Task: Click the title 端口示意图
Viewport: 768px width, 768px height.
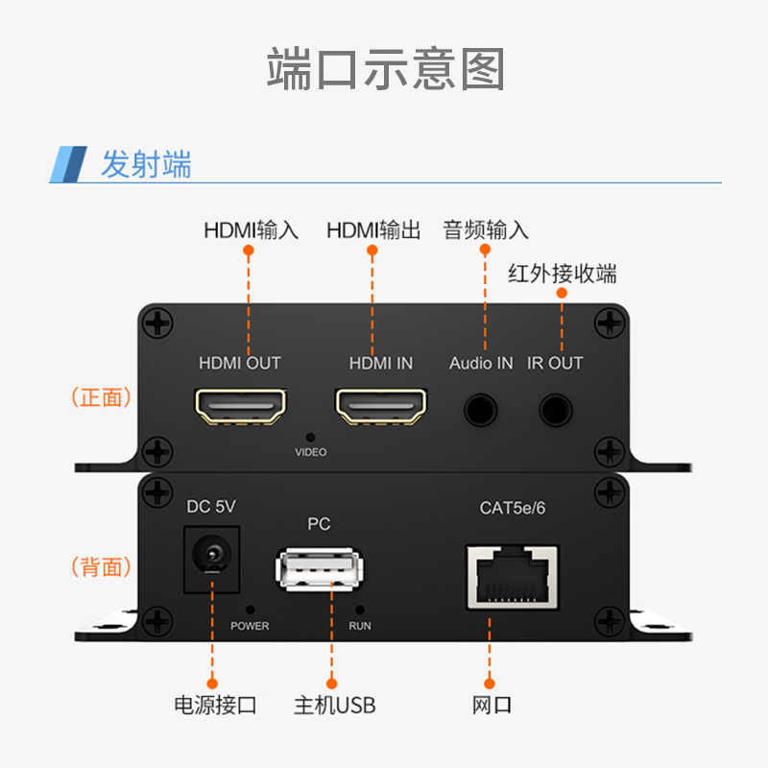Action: point(384,69)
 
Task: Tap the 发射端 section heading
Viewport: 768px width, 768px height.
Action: point(146,164)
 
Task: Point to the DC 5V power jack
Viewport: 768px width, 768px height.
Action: point(211,556)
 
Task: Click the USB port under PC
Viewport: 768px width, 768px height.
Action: point(320,570)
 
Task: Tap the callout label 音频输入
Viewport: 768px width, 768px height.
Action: point(486,230)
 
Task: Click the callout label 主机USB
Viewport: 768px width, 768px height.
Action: point(334,706)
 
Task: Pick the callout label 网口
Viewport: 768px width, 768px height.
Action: point(492,706)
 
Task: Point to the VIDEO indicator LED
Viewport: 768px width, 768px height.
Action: point(310,437)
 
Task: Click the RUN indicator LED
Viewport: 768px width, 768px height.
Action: point(360,610)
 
